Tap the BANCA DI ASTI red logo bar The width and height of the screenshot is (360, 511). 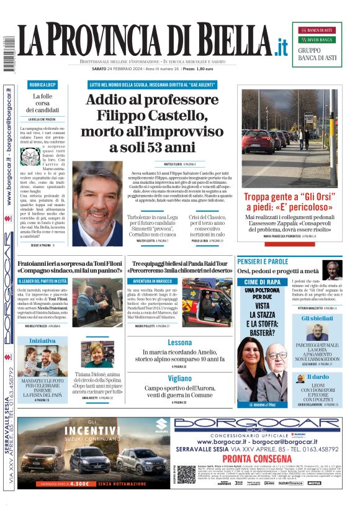[x=317, y=30]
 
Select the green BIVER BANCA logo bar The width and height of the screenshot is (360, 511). [x=317, y=40]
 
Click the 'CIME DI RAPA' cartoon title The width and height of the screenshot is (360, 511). [x=263, y=282]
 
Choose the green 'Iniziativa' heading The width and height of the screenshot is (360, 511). [x=42, y=341]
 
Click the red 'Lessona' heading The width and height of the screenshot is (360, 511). [x=180, y=343]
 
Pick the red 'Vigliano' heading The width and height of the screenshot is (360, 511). [x=180, y=378]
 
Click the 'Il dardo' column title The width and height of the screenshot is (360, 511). [x=318, y=377]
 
